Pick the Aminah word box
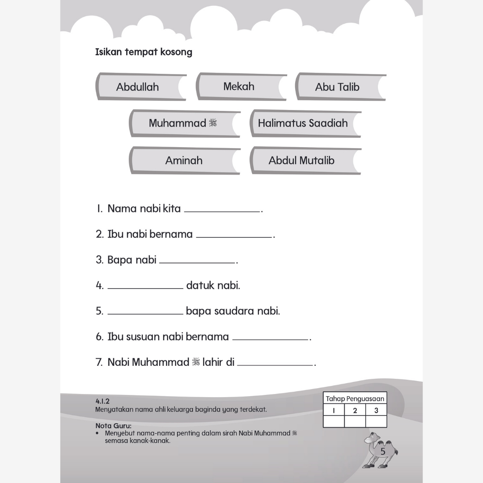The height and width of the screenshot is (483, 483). [x=184, y=160]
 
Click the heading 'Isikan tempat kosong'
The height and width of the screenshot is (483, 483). [x=144, y=52]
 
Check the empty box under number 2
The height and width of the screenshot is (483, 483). [x=355, y=421]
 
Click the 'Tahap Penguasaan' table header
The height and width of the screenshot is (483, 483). [x=355, y=399]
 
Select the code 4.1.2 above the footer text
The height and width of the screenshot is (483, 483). [x=102, y=402]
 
